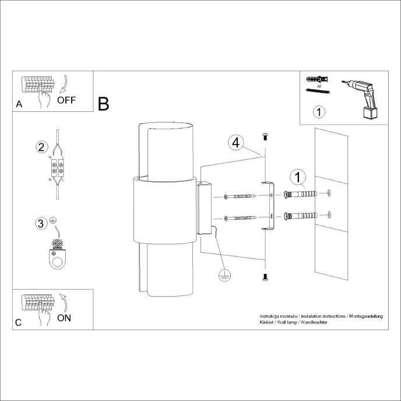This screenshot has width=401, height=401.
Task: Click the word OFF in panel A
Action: pyautogui.click(x=66, y=100)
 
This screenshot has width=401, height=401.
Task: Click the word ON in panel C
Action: pyautogui.click(x=65, y=318)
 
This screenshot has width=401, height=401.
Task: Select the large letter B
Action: pyautogui.click(x=104, y=104)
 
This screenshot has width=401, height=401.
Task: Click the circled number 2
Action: pyautogui.click(x=41, y=147)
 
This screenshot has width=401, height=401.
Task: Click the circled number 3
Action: pyautogui.click(x=41, y=223)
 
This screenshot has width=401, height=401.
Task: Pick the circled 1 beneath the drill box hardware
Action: pyautogui.click(x=319, y=111)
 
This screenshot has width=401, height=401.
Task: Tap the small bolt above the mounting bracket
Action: pyautogui.click(x=265, y=136)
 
